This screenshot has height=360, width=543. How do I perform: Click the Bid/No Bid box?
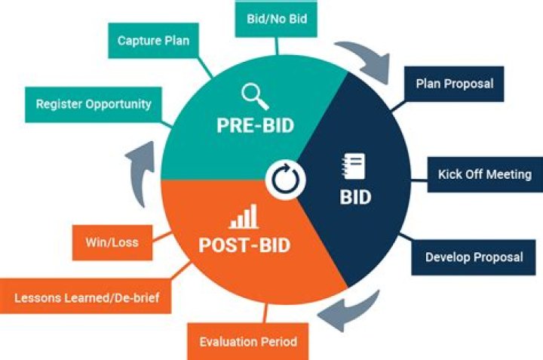278,17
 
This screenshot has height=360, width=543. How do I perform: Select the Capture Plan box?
153,41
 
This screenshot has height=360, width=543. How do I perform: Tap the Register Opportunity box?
94,103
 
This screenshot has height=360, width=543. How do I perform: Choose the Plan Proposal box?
454,83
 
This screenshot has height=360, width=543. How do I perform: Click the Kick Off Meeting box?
484,174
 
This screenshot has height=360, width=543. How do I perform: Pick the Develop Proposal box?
474,257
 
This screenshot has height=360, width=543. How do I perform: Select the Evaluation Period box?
248,342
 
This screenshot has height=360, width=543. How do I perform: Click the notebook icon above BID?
354,165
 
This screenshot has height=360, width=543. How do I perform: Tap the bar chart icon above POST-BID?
243,218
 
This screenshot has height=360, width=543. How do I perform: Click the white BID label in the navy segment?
354,198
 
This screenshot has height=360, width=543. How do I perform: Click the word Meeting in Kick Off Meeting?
509,174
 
